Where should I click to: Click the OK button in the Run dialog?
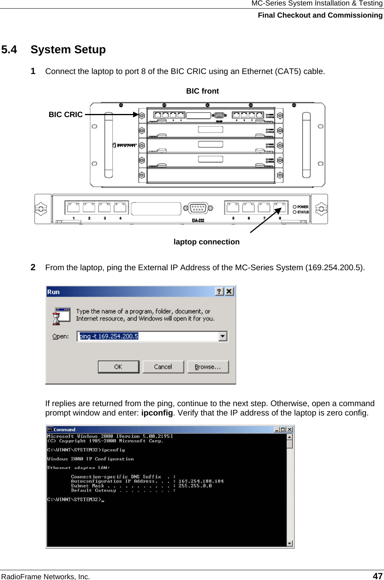pos(118,367)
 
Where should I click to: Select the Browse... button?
pos(208,367)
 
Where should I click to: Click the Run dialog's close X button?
pos(229,291)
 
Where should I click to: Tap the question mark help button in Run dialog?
pos(219,291)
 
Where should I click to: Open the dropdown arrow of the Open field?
pos(223,336)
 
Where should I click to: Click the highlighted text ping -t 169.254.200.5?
pos(109,336)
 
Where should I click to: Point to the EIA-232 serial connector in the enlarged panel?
pos(198,208)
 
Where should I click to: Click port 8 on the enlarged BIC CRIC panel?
pos(279,207)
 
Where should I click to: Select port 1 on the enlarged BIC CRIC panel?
pos(73,207)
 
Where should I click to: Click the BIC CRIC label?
pos(65,115)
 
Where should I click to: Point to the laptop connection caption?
pos(206,242)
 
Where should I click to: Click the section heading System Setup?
pos(68,50)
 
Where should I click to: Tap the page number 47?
pos(377,576)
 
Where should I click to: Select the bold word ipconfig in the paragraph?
pos(157,413)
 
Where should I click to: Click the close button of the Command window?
pos(290,430)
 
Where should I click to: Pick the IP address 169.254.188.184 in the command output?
pos(201,481)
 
